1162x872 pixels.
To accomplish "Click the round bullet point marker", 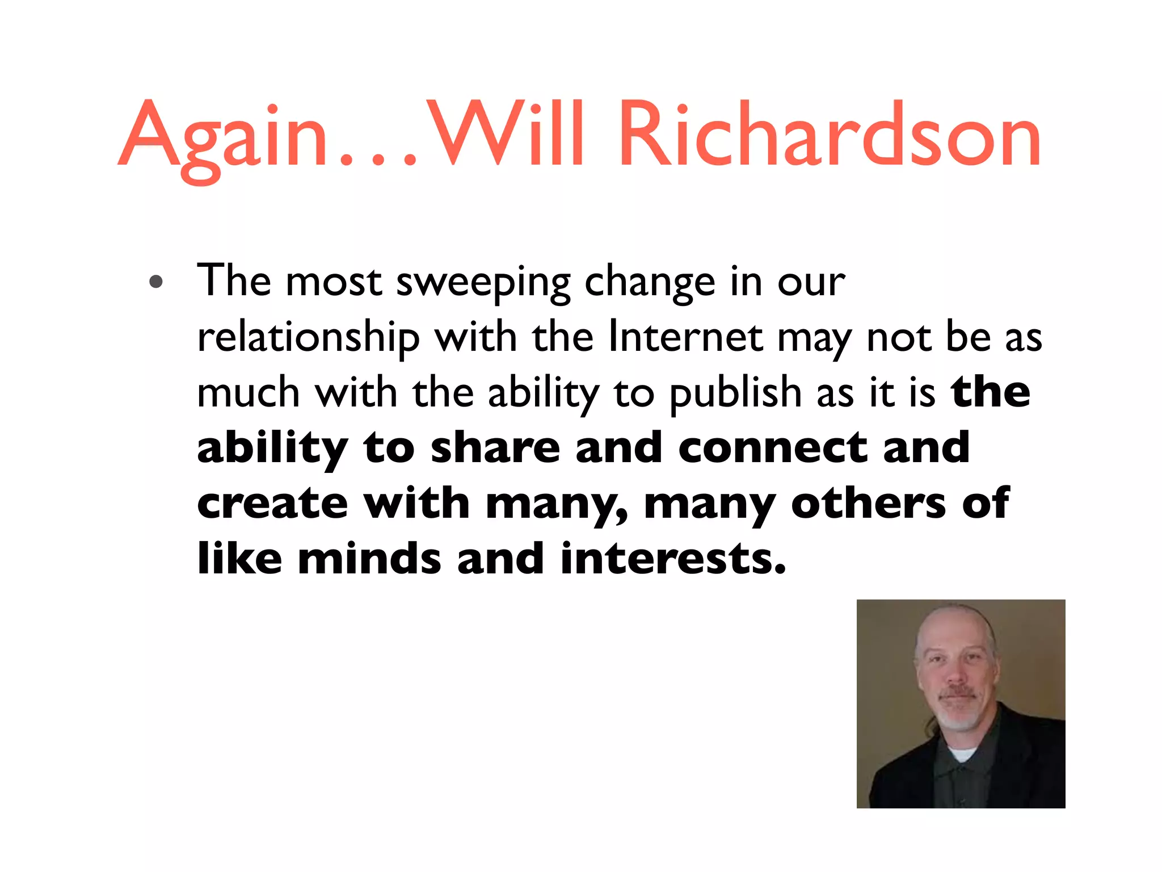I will pyautogui.click(x=156, y=282).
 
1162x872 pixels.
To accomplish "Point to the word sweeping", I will pyautogui.click(x=483, y=282).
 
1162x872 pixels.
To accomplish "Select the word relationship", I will pyautogui.click(x=308, y=338).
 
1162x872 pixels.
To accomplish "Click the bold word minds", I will pyautogui.click(x=369, y=559).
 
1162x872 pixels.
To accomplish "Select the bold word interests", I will pyautogui.click(x=672, y=559).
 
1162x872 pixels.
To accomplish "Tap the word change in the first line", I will pyautogui.click(x=650, y=282).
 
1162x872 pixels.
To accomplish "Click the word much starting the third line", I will pyautogui.click(x=248, y=393).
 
